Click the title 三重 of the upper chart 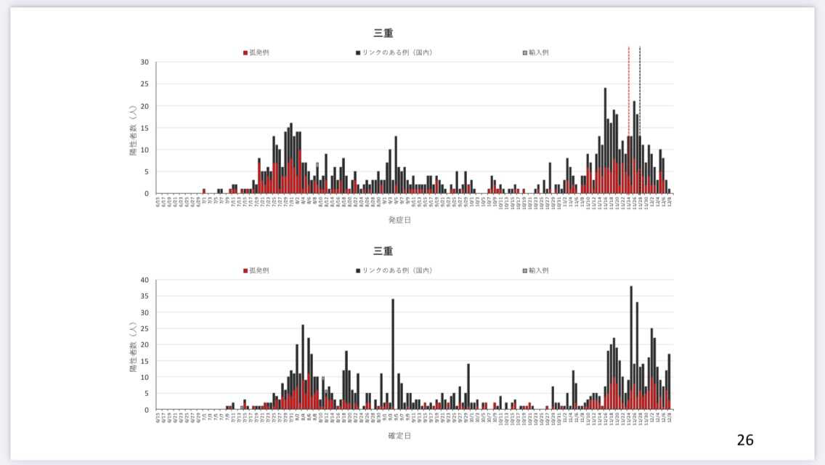(x=383, y=33)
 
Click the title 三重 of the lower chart (x=383, y=251)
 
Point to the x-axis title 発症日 (x=399, y=219)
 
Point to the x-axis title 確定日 (x=399, y=436)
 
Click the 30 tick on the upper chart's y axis (x=145, y=62)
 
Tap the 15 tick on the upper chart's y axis (x=145, y=128)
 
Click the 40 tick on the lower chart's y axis (x=145, y=280)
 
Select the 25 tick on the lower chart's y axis (x=145, y=329)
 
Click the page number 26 (x=745, y=440)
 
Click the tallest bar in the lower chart (x=631, y=349)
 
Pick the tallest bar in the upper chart (x=605, y=142)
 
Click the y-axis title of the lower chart (x=133, y=344)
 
